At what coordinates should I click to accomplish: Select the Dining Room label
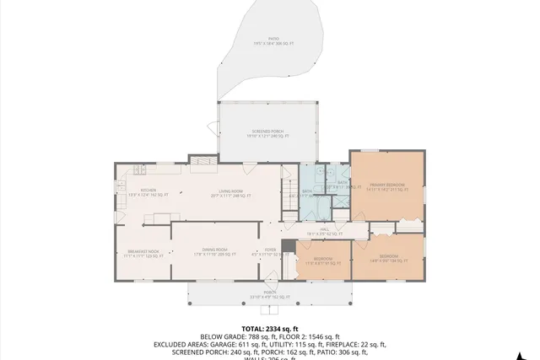[210, 251]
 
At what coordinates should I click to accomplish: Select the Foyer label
[270, 251]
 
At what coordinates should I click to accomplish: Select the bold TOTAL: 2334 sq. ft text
[269, 328]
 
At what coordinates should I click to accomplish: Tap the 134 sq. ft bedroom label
[388, 257]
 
